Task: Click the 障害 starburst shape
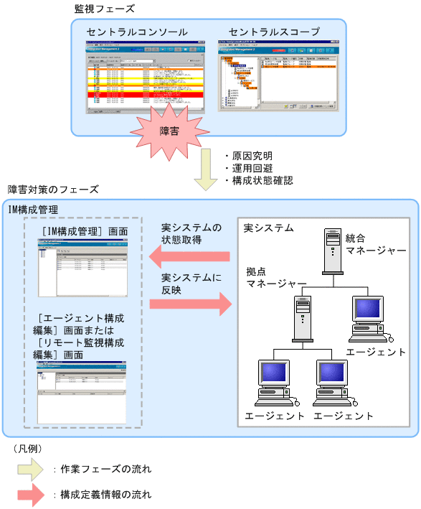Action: click(x=169, y=131)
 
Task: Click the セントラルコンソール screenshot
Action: click(x=137, y=75)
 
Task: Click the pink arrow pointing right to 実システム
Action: click(x=191, y=304)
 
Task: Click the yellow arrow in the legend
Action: click(x=29, y=470)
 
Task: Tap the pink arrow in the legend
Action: click(x=29, y=495)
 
